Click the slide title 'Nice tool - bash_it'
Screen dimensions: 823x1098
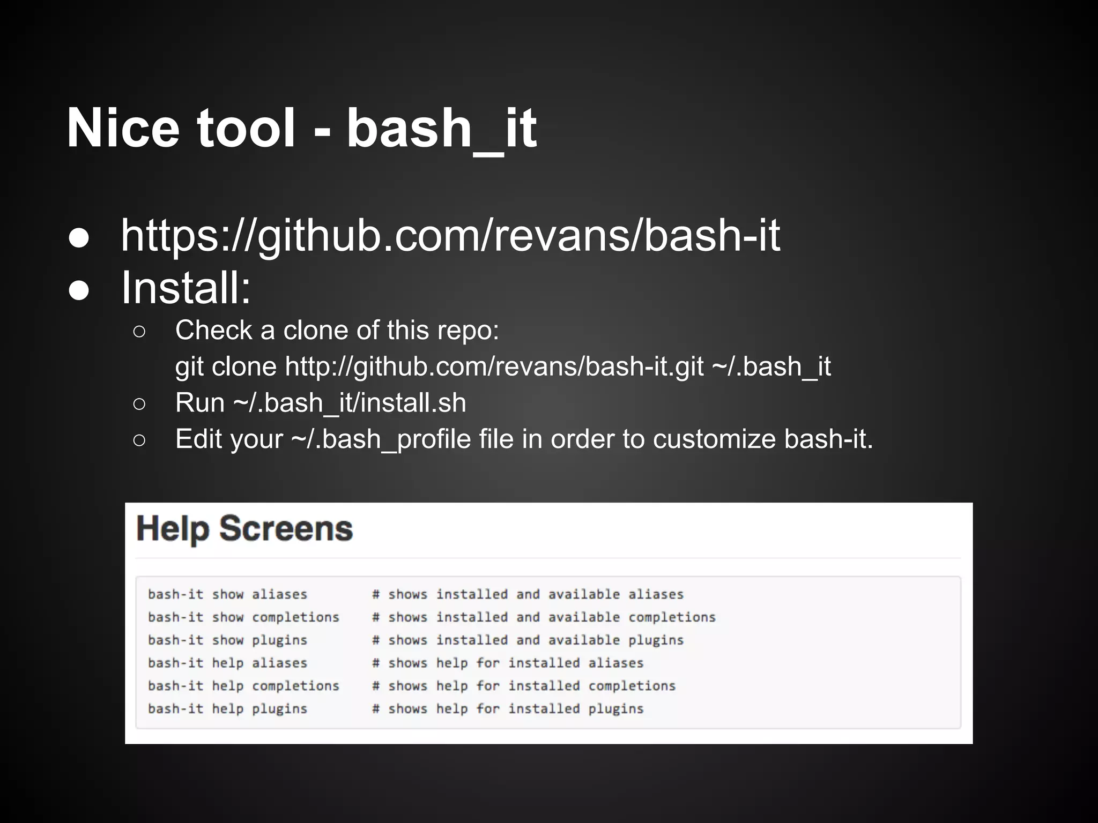301,129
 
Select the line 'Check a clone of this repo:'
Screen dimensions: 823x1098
337,330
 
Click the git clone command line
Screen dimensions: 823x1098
503,366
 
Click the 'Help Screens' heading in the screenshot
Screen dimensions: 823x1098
245,529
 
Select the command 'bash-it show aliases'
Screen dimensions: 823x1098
228,594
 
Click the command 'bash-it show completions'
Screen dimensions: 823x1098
244,617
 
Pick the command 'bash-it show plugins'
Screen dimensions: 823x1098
228,640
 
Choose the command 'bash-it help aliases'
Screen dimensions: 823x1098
228,663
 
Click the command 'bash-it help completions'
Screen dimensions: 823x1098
244,686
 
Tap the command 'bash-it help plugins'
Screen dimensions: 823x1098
228,709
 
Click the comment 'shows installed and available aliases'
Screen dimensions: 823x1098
536,594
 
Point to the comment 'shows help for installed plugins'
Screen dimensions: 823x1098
515,709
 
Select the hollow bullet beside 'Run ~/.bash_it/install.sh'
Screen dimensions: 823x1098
139,404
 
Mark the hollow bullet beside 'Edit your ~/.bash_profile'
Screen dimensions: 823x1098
139,440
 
